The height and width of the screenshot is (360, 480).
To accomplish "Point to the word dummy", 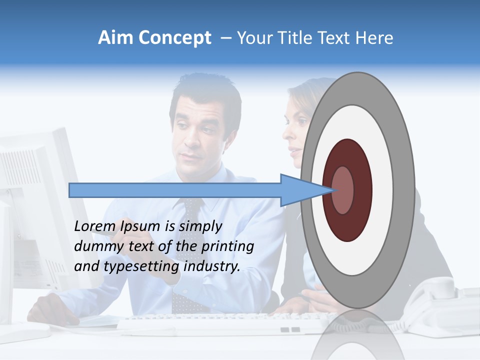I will (95, 246).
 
